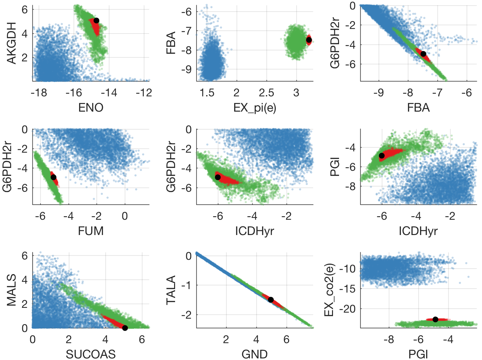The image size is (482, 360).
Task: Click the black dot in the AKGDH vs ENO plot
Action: coord(96,20)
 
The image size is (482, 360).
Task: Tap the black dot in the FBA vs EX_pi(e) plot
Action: coord(309,40)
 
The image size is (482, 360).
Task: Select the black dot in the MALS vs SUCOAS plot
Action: coord(125,328)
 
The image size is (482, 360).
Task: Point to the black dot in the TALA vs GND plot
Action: coord(271,300)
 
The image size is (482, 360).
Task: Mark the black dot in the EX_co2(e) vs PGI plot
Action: coord(435,319)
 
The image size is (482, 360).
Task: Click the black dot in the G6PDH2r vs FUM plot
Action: coord(53,177)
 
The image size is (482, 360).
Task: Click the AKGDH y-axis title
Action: coord(11,43)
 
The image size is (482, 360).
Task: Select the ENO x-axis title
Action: coord(91,108)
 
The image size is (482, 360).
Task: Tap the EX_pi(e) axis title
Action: coord(255,108)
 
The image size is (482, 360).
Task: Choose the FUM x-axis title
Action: coord(91,231)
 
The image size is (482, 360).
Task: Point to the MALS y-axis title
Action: coord(11,290)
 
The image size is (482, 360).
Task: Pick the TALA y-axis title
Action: coord(171,290)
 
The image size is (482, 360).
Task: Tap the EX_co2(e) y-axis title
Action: coord(329,290)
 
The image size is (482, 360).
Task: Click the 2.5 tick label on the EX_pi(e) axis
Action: coord(266,93)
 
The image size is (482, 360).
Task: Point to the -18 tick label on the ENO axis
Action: coord(39,93)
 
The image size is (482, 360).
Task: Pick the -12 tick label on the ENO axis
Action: coord(144,93)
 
